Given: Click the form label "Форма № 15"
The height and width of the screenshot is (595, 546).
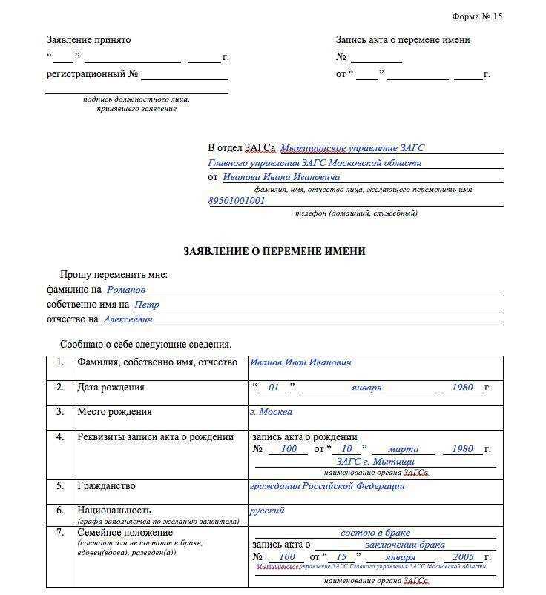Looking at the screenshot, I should (x=477, y=16).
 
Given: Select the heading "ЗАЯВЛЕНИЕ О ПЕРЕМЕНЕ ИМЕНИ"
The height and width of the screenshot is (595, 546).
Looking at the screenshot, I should (x=274, y=251).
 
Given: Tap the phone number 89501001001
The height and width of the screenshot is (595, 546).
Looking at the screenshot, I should (x=237, y=201).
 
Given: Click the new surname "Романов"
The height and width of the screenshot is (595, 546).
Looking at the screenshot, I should (x=126, y=290).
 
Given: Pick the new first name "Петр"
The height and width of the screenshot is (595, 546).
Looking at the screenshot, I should (x=146, y=305).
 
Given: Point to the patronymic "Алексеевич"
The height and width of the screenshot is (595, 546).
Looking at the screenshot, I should (x=128, y=319).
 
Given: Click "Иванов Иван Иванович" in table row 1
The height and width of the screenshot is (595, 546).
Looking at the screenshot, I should (x=300, y=362).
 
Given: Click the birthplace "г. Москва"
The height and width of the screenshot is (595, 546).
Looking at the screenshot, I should (x=272, y=412).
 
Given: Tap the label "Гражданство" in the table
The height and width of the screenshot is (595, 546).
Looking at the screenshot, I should (x=106, y=486).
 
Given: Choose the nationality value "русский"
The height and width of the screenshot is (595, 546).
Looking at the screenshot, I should (x=267, y=511).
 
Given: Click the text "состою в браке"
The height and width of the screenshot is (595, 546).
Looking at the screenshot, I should (x=375, y=533).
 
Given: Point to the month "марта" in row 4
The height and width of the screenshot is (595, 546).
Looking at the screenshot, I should (x=403, y=449).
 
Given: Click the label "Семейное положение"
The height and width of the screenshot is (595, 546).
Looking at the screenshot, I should (x=125, y=533).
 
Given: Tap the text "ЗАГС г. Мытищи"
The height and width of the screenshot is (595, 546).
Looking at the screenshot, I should (x=375, y=462).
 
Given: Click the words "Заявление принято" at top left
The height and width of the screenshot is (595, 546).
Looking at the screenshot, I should (x=88, y=40).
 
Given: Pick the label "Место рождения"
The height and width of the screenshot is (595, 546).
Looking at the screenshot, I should (x=114, y=412).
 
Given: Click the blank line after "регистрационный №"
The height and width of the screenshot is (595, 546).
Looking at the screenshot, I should (x=184, y=76).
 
